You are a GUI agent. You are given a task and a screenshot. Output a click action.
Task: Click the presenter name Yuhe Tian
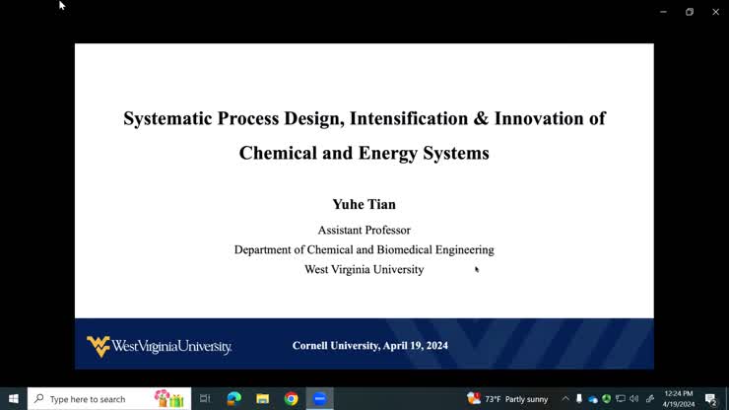(x=364, y=204)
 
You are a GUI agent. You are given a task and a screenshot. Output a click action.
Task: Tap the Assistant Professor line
(x=364, y=230)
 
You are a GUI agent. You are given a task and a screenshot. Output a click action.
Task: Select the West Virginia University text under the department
(x=364, y=269)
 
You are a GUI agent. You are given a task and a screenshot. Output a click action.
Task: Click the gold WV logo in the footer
(x=98, y=346)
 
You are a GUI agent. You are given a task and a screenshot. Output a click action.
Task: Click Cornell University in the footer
(x=335, y=346)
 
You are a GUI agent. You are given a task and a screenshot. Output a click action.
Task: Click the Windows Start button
(x=14, y=399)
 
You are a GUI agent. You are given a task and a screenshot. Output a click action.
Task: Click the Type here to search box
(x=94, y=399)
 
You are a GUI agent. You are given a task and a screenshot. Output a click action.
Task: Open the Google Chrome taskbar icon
(x=292, y=399)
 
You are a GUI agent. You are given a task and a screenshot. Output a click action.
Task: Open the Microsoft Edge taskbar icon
(x=234, y=399)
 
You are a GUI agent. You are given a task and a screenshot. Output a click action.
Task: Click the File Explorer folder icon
(x=263, y=399)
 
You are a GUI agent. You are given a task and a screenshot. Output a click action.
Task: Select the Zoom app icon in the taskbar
(x=320, y=399)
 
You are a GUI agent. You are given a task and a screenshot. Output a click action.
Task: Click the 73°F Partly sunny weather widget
(x=508, y=399)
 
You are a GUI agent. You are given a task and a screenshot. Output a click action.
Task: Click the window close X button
(x=715, y=12)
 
